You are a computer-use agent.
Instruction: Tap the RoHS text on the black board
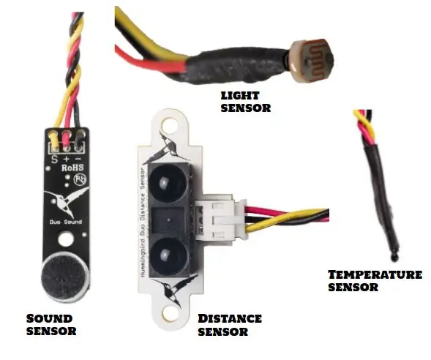[72, 168]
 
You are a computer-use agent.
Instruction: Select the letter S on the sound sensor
[55, 159]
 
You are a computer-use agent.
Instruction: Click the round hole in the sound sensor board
[66, 239]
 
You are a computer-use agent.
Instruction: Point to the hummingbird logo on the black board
[67, 201]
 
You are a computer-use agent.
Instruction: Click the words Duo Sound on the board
[66, 222]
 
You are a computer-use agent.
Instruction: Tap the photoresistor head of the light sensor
[312, 61]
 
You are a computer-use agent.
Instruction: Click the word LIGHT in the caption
[240, 96]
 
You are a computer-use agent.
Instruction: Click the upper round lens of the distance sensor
[166, 183]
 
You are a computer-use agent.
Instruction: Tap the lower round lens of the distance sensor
[165, 255]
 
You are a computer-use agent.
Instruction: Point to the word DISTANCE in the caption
[230, 319]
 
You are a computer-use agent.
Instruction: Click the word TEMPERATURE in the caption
[375, 274]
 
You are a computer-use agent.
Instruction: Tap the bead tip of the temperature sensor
[394, 257]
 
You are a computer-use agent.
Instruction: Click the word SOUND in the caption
[49, 319]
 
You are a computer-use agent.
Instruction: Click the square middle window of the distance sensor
[168, 220]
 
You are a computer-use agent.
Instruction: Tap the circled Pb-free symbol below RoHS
[80, 179]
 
